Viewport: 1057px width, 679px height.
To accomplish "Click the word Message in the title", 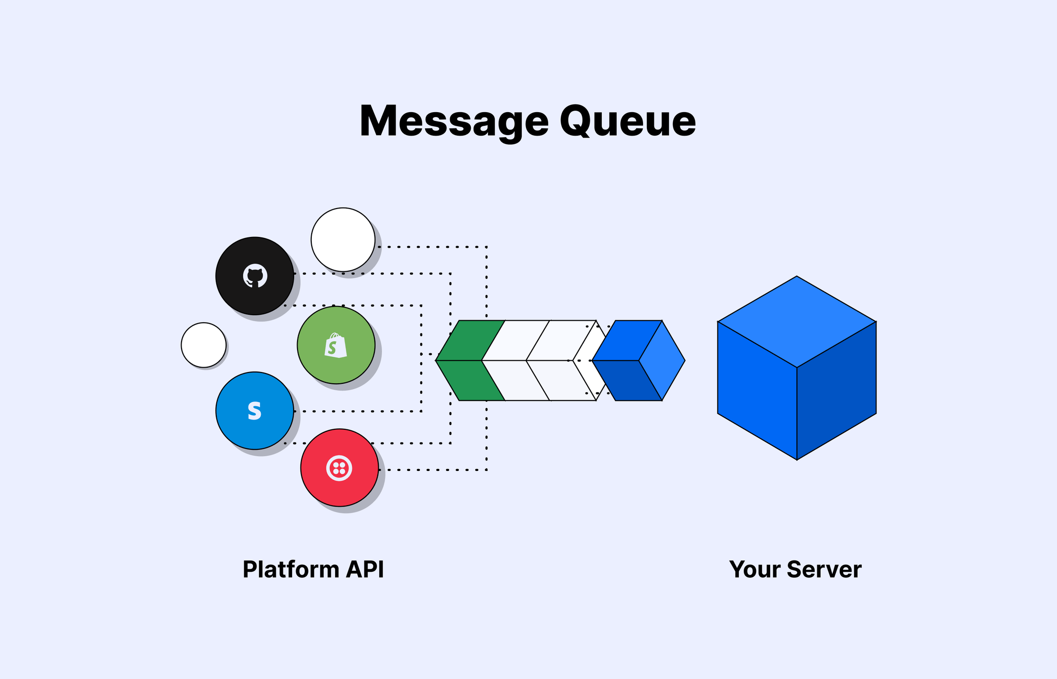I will (454, 121).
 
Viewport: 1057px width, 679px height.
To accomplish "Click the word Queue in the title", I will (627, 121).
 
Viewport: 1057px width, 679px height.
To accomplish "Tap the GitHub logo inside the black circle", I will (255, 276).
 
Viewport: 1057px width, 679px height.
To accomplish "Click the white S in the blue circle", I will (254, 411).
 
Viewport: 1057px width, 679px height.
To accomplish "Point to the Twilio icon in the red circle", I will (339, 468).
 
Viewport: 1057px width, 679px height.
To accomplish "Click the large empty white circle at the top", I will (343, 239).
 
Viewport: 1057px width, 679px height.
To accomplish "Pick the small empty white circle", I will (204, 345).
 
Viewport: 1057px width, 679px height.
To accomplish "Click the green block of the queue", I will (467, 361).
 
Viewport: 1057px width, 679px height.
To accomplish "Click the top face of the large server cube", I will (797, 322).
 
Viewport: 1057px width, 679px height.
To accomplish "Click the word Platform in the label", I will (291, 569).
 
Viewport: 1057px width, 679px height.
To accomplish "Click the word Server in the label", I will (824, 569).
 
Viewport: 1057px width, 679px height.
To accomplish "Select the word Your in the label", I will (755, 569).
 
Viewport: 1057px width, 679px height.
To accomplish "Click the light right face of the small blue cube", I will (662, 361).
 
